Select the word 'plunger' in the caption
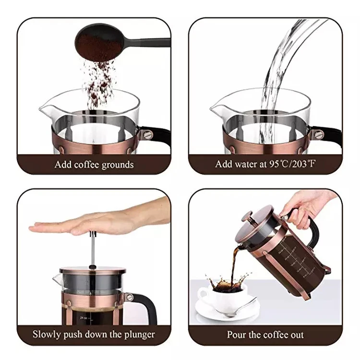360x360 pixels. (x=140, y=335)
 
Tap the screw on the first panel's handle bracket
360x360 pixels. (x=147, y=134)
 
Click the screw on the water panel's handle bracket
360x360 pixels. (x=319, y=134)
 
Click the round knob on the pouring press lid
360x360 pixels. (x=246, y=216)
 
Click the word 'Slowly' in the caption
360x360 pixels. (x=47, y=335)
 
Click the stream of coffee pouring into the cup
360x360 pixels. (x=234, y=264)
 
